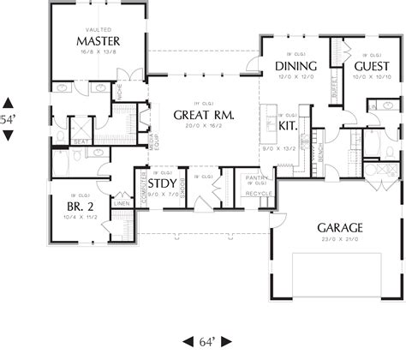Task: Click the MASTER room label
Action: point(98,41)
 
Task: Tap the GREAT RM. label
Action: point(205,115)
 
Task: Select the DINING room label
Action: point(296,66)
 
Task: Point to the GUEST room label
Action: point(370,66)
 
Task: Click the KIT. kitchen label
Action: point(289,124)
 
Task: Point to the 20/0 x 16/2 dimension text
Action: point(205,127)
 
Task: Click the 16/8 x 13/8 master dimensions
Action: point(98,52)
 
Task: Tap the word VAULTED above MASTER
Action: point(98,30)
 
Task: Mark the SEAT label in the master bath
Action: point(83,142)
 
